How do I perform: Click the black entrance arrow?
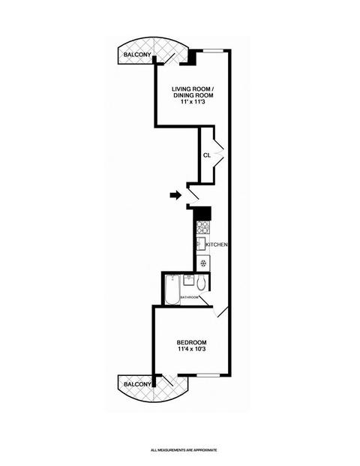[x=175, y=195]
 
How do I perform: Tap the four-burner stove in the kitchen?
[x=203, y=227]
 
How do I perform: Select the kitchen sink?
[x=201, y=244]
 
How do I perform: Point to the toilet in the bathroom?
[x=201, y=283]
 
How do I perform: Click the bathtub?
[x=172, y=290]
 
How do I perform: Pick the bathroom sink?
[x=188, y=280]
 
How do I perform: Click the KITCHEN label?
[x=217, y=245]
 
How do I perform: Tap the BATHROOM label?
[x=190, y=297]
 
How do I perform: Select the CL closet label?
[x=207, y=155]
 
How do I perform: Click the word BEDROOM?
[x=191, y=342]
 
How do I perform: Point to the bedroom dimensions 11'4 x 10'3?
[x=191, y=349]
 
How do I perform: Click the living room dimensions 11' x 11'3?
[x=192, y=101]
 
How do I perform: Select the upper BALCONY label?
[x=137, y=55]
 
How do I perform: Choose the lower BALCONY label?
[x=137, y=384]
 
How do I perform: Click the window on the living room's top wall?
[x=213, y=50]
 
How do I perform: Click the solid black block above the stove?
[x=202, y=213]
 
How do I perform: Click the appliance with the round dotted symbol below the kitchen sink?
[x=203, y=263]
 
